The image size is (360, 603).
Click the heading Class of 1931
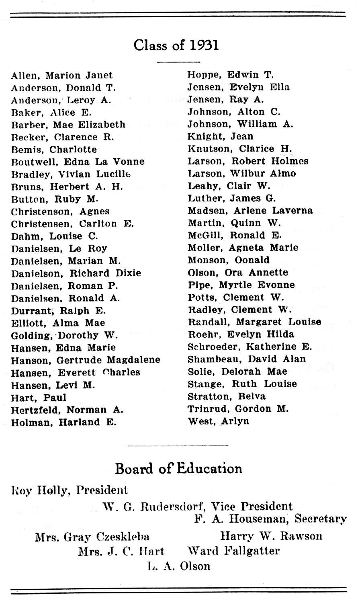pos(176,45)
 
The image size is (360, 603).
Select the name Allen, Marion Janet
pos(62,75)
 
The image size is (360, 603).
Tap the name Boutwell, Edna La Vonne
pos(78,162)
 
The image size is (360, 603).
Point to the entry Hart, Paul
pos(39,398)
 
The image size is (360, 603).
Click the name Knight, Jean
pos(220,137)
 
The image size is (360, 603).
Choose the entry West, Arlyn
pos(218,421)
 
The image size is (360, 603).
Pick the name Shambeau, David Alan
pos(247,359)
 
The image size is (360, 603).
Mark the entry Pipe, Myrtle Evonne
pos(241,285)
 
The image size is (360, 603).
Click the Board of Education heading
pos(178,469)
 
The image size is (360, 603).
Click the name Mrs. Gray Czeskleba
pos(92,537)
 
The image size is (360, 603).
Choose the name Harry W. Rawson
pos(271,536)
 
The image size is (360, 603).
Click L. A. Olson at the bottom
pos(178,566)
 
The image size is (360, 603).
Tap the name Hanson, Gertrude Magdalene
pos(86,360)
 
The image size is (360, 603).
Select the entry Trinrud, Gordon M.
pos(238,409)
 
